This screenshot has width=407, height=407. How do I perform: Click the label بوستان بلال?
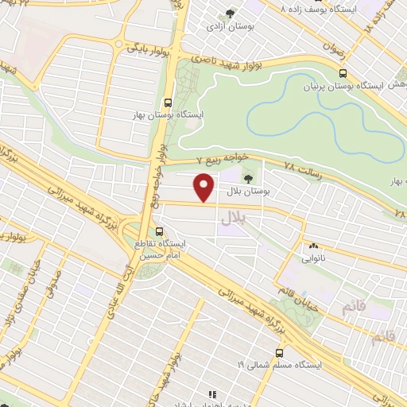coord(255,192)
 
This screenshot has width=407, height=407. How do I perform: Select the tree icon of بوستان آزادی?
coord(231,14)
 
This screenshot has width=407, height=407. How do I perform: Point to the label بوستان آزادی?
coord(229,27)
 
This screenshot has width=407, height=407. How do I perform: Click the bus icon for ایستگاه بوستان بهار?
coord(168,102)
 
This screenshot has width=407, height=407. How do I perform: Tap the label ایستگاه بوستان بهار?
coord(169,115)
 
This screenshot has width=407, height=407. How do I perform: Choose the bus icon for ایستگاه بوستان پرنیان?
coord(343,73)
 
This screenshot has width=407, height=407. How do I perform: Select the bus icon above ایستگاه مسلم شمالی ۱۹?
coord(279,353)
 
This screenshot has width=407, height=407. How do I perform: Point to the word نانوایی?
coord(312,259)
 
